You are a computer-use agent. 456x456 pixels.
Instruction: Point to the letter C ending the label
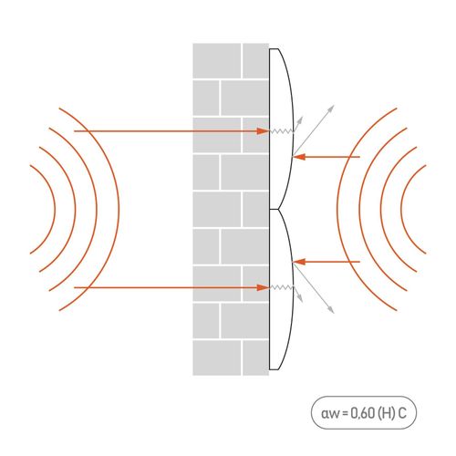coord(402,413)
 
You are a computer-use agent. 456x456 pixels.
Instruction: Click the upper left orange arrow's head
coord(264,131)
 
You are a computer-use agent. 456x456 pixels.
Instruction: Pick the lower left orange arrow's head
coord(264,287)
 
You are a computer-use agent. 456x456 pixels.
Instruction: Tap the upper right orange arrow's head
coord(298,157)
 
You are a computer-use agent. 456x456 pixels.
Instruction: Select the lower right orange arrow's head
coord(298,262)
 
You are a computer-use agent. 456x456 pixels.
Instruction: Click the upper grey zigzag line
coord(282,131)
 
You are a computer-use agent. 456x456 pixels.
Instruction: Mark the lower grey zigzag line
coord(282,287)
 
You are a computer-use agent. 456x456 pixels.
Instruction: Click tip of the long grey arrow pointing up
coord(334,106)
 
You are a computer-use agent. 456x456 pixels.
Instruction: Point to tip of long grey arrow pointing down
coord(334,313)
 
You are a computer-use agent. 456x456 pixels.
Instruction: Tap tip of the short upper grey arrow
coord(302,117)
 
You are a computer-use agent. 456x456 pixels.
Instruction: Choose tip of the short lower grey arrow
coord(303,302)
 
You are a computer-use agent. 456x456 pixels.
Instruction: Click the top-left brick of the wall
coord(217,61)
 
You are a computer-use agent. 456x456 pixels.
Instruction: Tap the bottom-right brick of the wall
coord(255,358)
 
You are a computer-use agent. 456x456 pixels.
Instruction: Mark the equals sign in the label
coord(345,414)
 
